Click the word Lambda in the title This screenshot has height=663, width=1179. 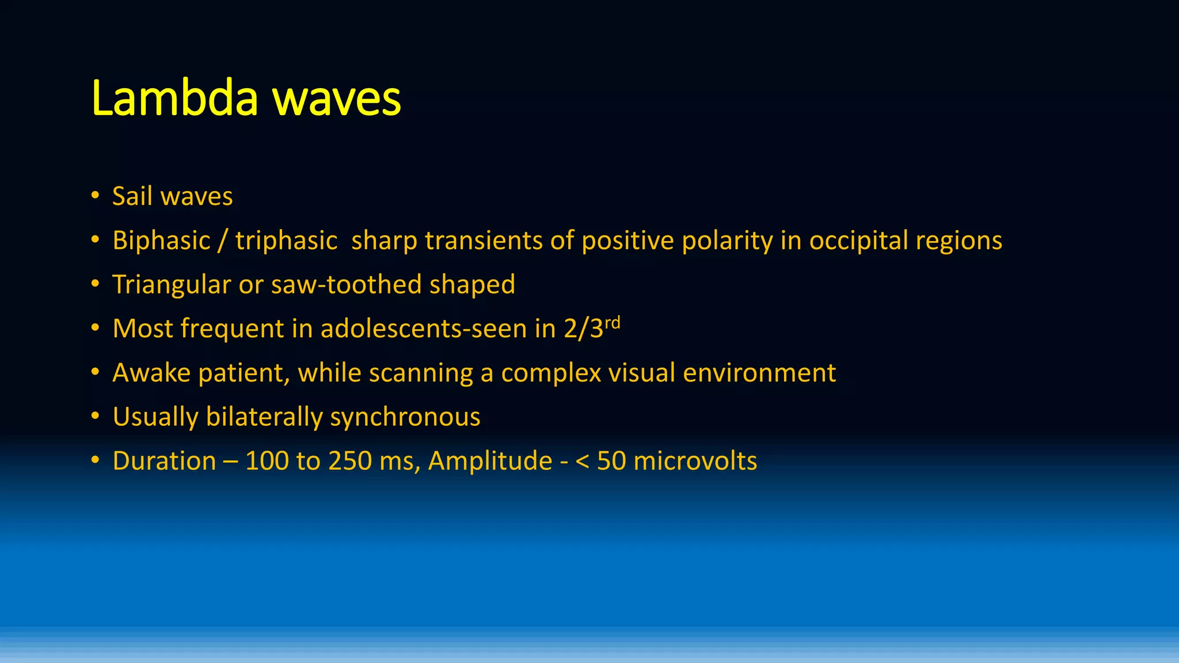(x=174, y=99)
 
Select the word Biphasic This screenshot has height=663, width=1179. (x=162, y=241)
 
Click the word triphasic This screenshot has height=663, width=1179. (x=286, y=241)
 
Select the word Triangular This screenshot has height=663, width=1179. (x=171, y=284)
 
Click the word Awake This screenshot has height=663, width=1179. (x=151, y=373)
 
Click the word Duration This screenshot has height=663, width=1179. (x=165, y=461)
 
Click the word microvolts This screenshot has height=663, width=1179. (x=695, y=461)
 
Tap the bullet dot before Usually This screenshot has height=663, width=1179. (x=96, y=416)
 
